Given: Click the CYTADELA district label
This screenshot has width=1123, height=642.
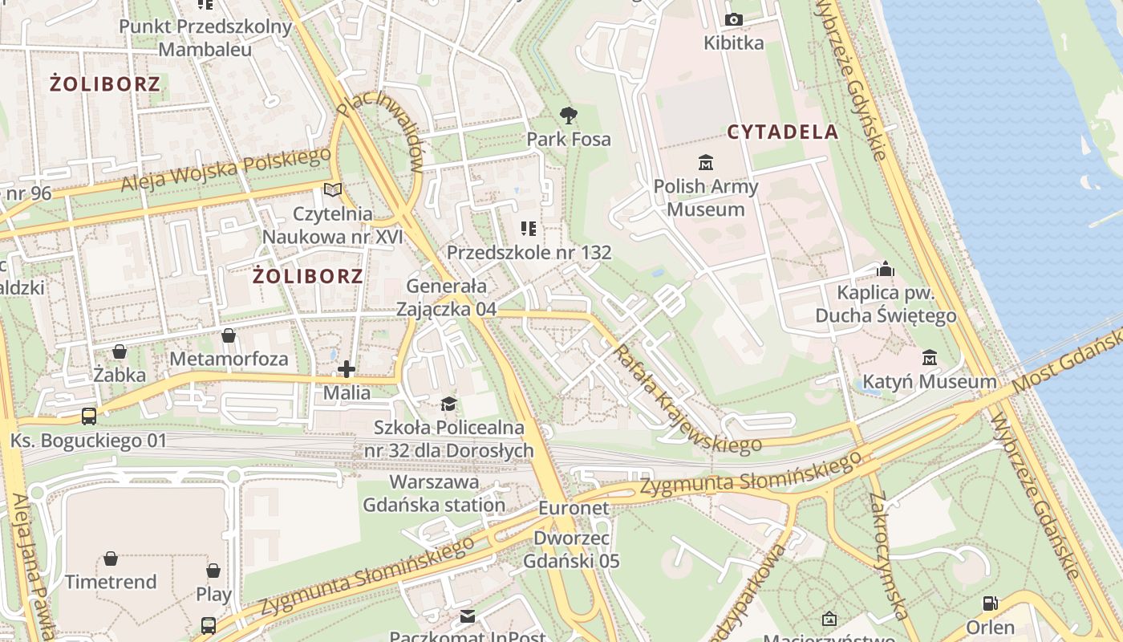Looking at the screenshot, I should coord(783,132).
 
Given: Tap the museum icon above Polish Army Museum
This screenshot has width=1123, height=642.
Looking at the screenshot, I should coord(706,163).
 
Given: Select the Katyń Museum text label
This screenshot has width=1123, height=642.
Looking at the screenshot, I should coord(930,382).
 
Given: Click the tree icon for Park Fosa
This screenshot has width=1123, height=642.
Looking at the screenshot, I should coord(569,116).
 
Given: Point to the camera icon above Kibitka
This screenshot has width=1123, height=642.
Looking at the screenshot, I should coord(733,20).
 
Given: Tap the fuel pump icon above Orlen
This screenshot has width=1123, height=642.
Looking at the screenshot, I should coord(991,603).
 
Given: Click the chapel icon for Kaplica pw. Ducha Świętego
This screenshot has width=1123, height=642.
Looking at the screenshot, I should coord(886,269).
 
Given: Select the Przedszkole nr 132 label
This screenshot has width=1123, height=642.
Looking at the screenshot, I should coord(529,253).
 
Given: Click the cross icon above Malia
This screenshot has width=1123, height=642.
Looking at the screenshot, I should coord(347,369).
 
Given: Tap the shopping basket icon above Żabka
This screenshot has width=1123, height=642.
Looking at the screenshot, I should coord(120,351).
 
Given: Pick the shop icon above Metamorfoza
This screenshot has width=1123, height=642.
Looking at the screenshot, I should coord(229,335).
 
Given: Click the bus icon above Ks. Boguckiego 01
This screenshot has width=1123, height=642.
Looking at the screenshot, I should coord(89,416).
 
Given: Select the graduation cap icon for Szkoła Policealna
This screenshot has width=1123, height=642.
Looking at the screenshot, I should coord(448,404).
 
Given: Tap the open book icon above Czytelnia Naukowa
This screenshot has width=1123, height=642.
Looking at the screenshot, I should coord(332,190).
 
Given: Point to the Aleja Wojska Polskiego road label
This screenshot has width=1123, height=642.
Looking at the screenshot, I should coord(225,170).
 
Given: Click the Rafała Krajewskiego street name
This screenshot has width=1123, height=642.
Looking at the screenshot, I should coord(687,399).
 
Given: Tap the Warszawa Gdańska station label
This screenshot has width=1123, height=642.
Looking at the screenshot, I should coord(434,494).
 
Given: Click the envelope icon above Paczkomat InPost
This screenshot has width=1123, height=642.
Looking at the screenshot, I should coord(468,616).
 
